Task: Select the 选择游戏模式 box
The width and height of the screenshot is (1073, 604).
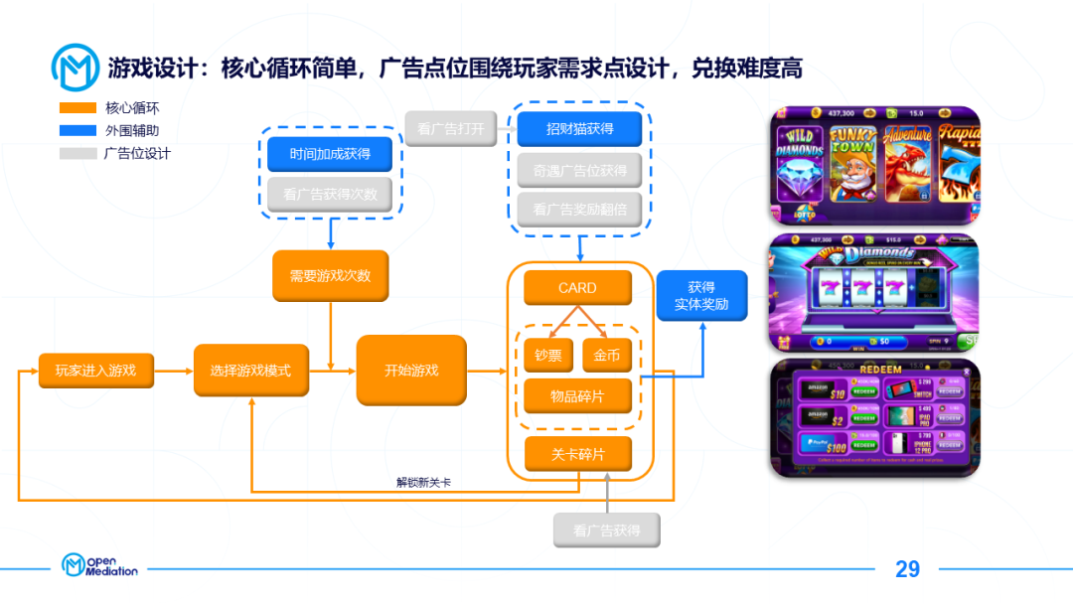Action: (x=250, y=371)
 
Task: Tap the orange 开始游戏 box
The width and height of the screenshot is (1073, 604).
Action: (x=411, y=371)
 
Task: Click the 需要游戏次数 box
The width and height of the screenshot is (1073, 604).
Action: (x=330, y=275)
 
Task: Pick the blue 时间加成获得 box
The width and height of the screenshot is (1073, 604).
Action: (x=330, y=154)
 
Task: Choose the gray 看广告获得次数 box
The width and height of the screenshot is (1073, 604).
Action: (x=330, y=195)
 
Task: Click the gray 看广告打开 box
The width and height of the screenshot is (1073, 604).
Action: (x=450, y=129)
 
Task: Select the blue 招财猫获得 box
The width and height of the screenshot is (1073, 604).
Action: (x=579, y=129)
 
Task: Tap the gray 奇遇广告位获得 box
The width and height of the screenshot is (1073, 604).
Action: (x=579, y=170)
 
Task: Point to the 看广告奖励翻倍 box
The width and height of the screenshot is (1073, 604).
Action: (x=579, y=210)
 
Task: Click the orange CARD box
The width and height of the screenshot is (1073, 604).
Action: (x=577, y=288)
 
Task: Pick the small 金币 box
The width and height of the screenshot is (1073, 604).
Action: (x=606, y=355)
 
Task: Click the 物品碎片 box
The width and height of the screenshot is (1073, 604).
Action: (x=577, y=396)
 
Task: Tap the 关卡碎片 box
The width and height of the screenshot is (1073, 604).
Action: (x=577, y=454)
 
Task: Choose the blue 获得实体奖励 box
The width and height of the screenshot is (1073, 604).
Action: (x=701, y=295)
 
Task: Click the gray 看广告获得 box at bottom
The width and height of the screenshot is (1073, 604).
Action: (x=606, y=530)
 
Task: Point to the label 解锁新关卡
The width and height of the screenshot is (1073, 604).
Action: (x=423, y=483)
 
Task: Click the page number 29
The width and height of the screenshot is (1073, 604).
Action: (x=907, y=569)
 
